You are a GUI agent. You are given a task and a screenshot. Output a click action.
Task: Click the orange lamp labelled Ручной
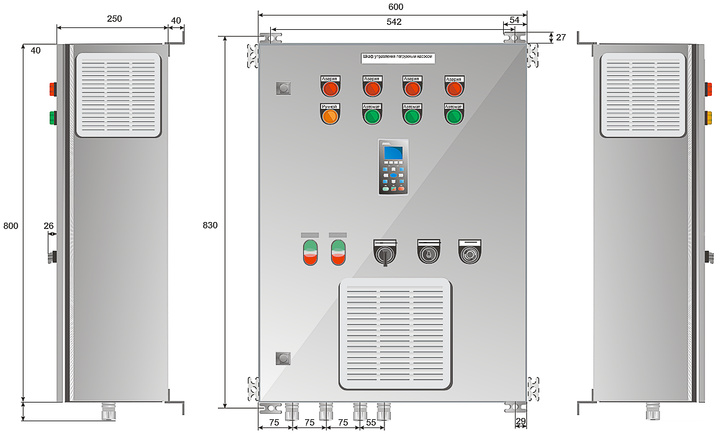coord(330,116)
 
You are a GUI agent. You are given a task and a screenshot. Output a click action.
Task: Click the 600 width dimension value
coord(396,7)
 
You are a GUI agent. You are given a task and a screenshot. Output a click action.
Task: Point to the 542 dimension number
coord(394,22)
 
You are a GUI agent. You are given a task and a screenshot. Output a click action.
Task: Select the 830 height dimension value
coord(210,225)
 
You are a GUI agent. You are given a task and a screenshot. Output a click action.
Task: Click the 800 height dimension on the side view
coord(11,225)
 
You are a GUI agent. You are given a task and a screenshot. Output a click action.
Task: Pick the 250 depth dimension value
coord(114,19)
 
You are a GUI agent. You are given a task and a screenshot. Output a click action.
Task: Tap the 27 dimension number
coord(561,37)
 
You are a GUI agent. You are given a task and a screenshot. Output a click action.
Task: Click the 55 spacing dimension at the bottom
coord(371,422)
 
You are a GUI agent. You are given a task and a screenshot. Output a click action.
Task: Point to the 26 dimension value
coord(49,226)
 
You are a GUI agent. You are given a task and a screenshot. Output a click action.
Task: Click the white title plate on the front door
coord(398,58)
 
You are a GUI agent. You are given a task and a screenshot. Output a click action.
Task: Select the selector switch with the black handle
coord(385,253)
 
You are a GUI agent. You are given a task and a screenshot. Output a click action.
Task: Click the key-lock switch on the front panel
coord(428,253)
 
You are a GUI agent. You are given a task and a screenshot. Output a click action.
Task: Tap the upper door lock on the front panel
coord(283,88)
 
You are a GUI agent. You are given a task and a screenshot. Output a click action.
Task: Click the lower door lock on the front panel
coord(283,358)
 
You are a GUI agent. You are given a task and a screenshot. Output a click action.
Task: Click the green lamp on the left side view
coord(53,117)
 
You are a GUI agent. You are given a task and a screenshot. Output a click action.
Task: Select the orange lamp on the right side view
coord(708,117)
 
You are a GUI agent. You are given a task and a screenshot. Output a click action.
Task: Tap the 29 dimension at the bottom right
coord(521,422)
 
